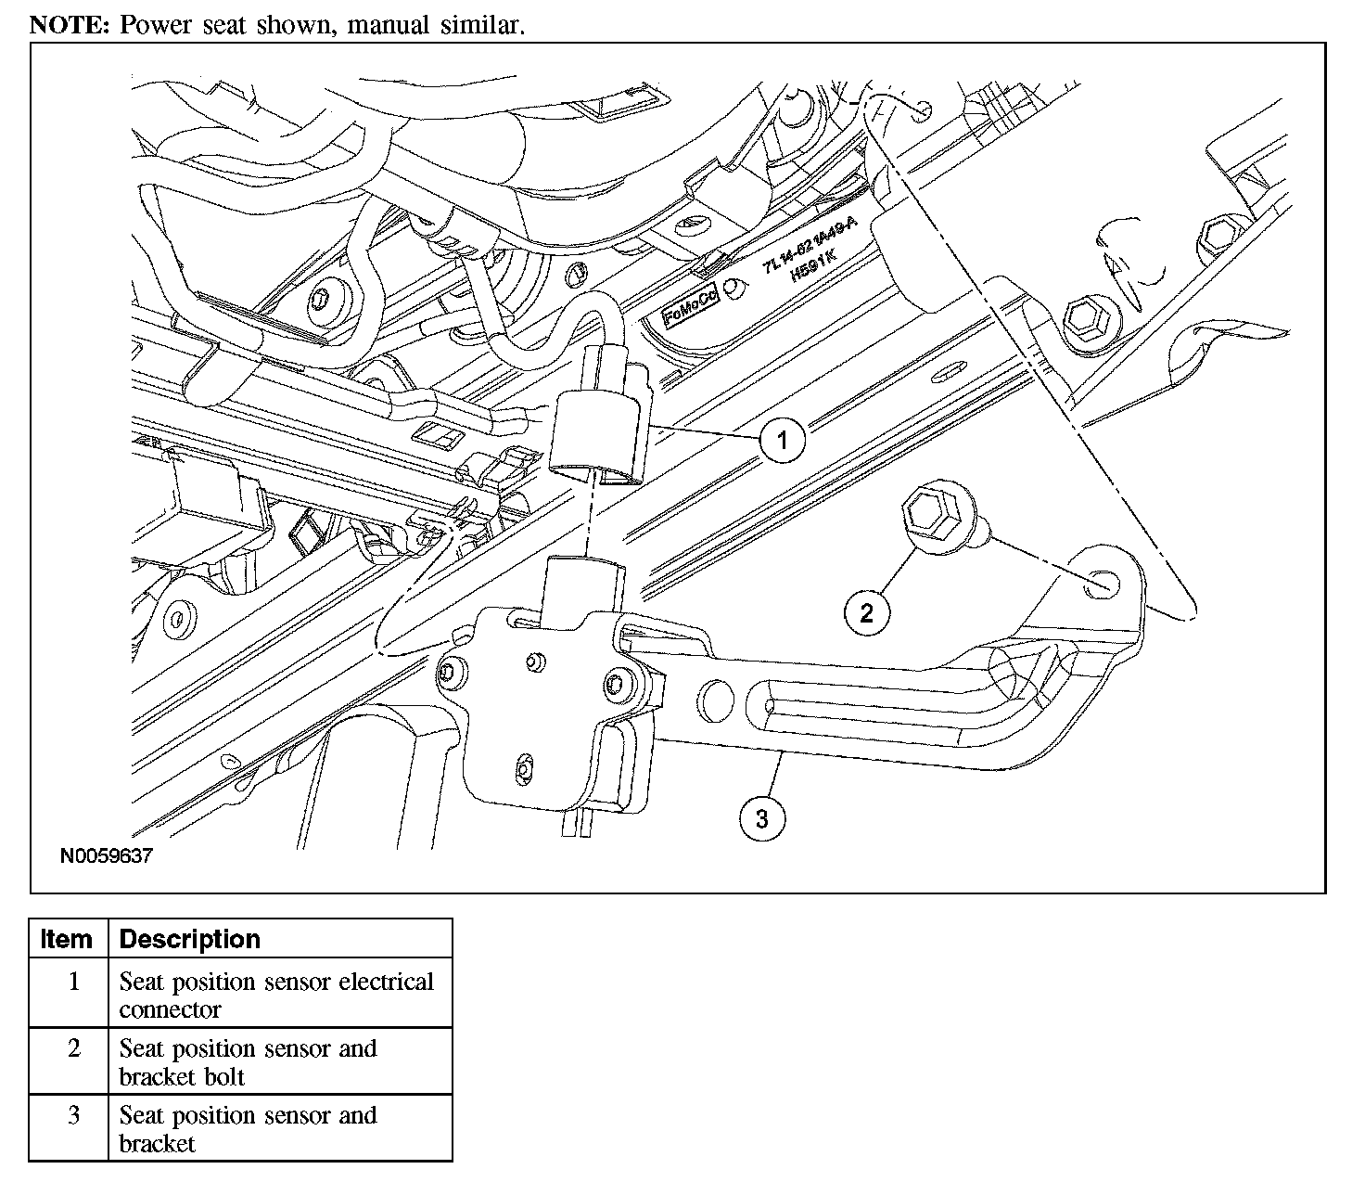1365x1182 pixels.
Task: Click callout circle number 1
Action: tap(782, 439)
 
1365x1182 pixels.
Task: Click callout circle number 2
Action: tap(866, 612)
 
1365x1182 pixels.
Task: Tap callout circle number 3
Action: tap(761, 818)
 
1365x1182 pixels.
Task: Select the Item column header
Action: tap(67, 939)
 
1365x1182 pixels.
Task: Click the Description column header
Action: tap(189, 939)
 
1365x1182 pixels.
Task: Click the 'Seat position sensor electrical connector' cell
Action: tap(276, 995)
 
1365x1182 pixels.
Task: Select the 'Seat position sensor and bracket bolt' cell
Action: tap(248, 1062)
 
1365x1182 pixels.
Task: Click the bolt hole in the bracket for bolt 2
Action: tap(1097, 583)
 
